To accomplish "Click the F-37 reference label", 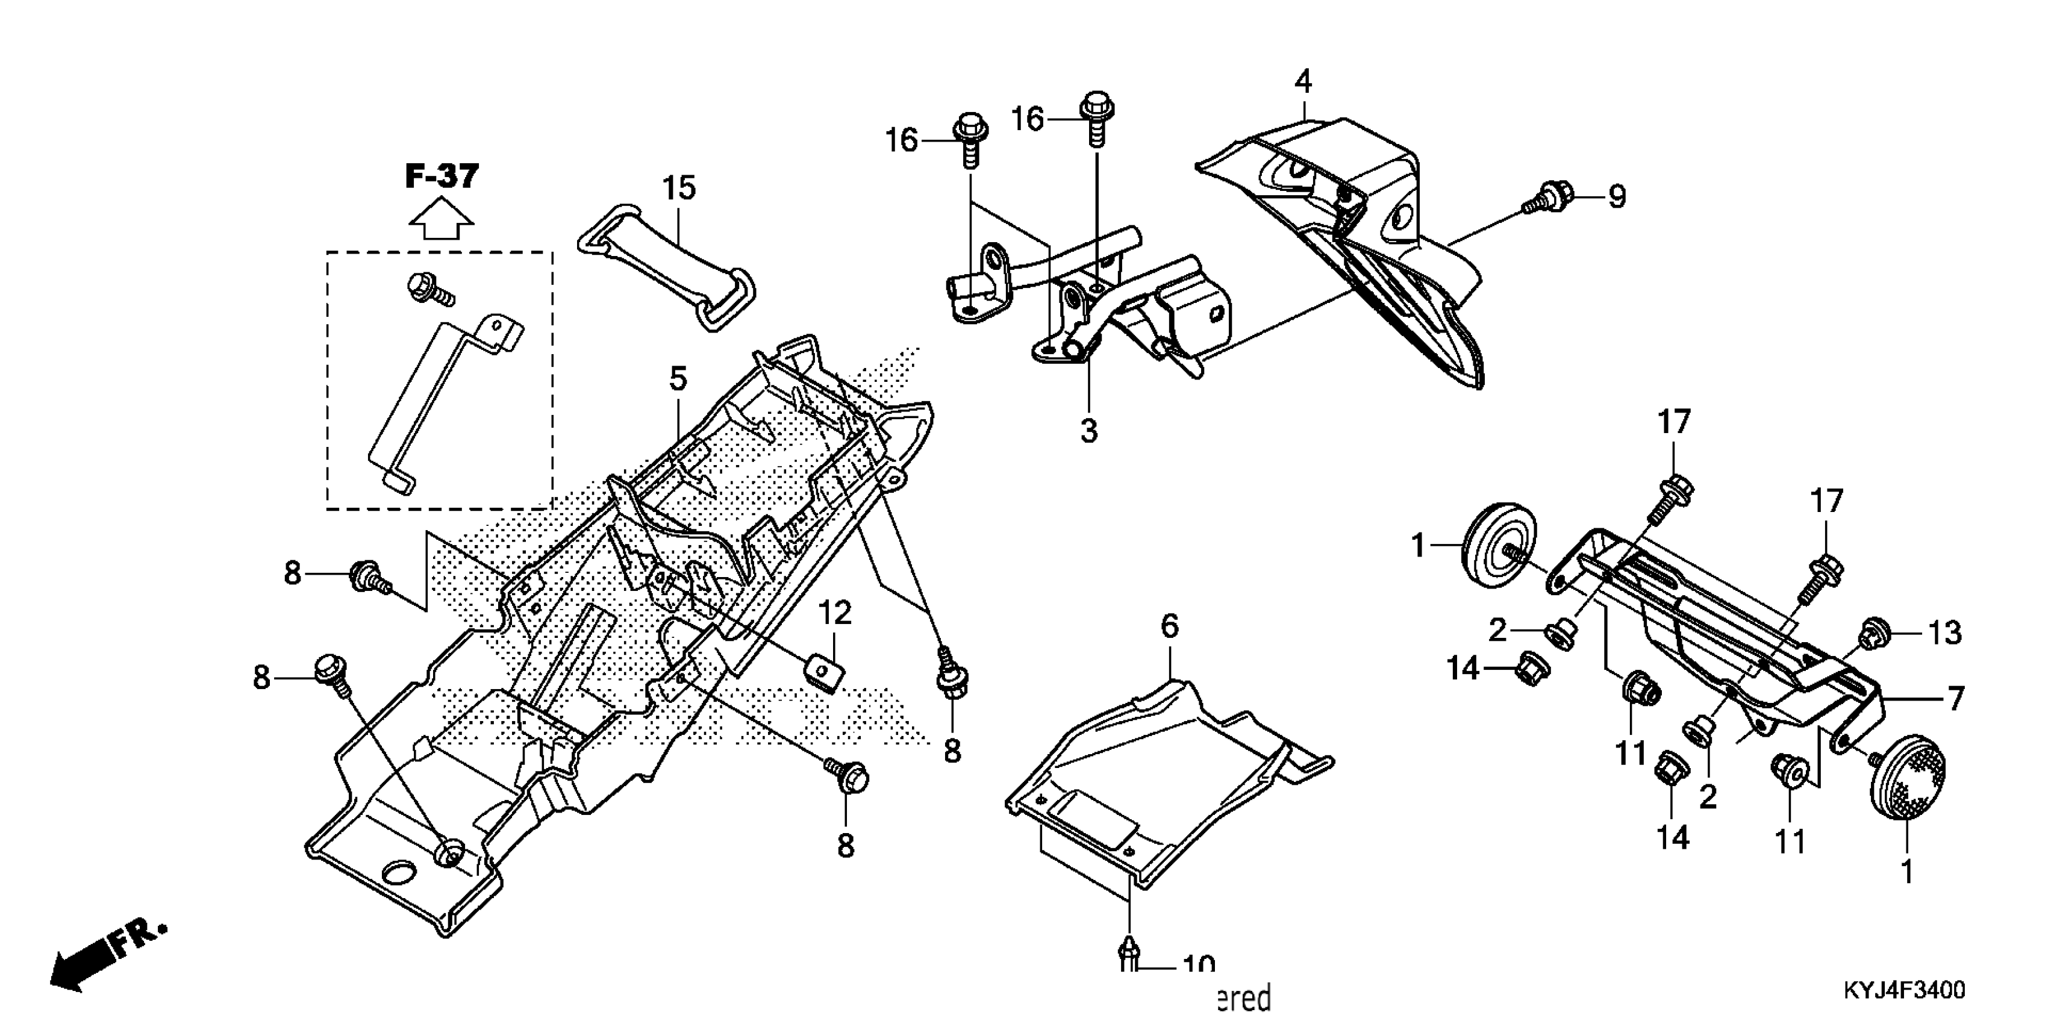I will (442, 176).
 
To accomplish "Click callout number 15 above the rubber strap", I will (679, 189).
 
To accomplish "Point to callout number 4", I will (1302, 81).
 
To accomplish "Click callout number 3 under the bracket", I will (1088, 430).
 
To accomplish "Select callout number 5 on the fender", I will (678, 379).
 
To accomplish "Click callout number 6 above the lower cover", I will (1170, 626).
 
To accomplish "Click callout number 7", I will (1955, 699).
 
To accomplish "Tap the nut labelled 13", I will (1872, 634).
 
